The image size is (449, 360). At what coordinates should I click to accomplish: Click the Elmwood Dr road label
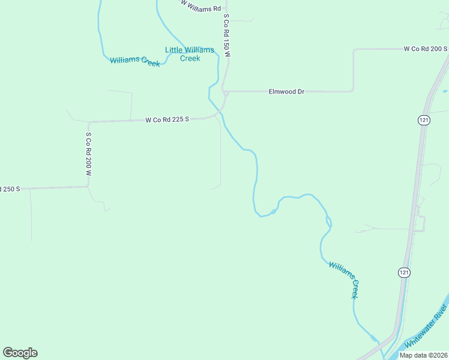coord(286,92)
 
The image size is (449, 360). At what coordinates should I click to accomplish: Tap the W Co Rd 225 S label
coord(167,119)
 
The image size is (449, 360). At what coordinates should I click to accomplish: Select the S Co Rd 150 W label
coord(227,37)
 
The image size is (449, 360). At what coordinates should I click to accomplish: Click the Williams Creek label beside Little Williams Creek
coord(134,61)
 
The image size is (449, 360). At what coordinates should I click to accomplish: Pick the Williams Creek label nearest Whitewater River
coord(344,280)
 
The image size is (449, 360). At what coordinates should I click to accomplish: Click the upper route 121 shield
coord(424,121)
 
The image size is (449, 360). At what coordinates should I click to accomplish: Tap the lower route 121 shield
coord(404,272)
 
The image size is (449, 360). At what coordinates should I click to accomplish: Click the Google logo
coord(20,353)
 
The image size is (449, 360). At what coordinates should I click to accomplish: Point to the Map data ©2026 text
coord(423,355)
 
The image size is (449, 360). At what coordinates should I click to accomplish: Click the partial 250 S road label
coord(10,188)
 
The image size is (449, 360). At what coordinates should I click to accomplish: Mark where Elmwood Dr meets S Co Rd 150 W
coord(224,92)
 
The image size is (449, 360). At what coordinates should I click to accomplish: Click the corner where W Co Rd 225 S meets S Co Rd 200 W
coord(89,122)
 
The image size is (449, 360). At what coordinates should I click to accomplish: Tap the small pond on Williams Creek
coord(273,211)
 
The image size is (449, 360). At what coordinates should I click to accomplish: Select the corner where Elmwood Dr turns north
coord(353,91)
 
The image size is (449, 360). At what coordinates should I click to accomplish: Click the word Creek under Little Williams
coord(190,59)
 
